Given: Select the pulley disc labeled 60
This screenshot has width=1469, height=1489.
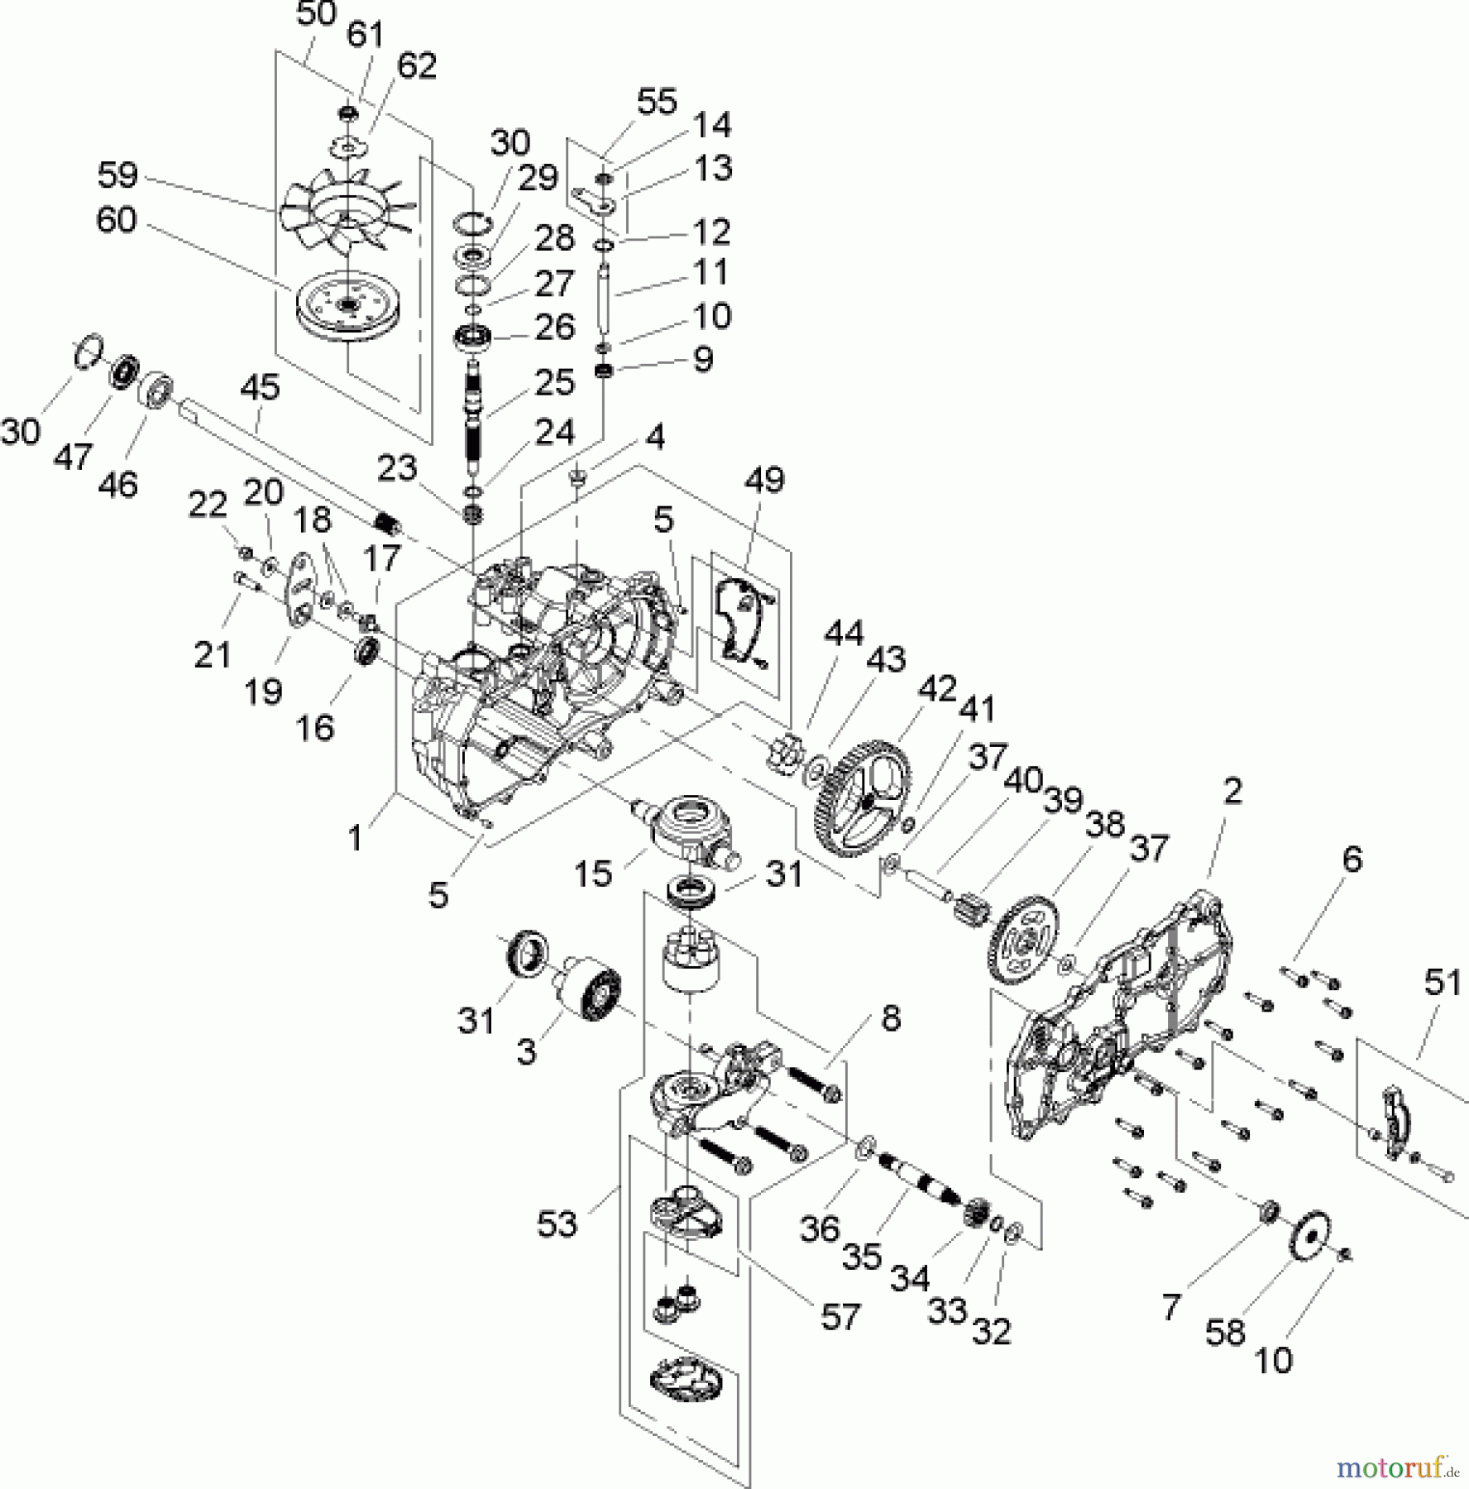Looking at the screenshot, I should [347, 306].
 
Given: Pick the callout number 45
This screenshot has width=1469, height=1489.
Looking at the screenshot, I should [260, 388].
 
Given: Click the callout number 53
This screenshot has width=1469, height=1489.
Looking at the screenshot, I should [556, 1224].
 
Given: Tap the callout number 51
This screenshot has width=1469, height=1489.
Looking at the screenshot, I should [1443, 982].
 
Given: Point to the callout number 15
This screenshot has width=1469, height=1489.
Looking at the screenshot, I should [592, 874].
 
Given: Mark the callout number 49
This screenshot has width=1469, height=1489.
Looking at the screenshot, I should [763, 480].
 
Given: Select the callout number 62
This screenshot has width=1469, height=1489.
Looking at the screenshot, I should [416, 65].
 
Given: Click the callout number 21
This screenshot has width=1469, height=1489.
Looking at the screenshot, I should [212, 655].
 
